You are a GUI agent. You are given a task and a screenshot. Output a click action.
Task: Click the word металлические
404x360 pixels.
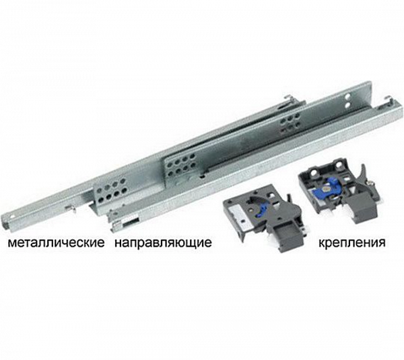[x=57, y=243]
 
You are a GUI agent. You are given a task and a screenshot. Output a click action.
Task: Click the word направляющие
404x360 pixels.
[x=164, y=243]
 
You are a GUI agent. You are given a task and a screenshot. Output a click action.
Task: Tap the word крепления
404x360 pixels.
[x=352, y=243]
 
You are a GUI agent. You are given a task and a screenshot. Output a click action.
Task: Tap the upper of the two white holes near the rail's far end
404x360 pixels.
[x=347, y=96]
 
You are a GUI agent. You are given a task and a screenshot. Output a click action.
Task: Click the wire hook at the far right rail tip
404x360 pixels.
[x=389, y=101]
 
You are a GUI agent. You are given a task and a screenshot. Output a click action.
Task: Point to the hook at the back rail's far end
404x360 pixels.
[x=289, y=100]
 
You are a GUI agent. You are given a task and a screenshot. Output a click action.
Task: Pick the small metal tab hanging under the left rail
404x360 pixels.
[x=71, y=209]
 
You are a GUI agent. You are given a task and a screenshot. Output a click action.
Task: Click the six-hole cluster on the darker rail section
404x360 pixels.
[x=290, y=124]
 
